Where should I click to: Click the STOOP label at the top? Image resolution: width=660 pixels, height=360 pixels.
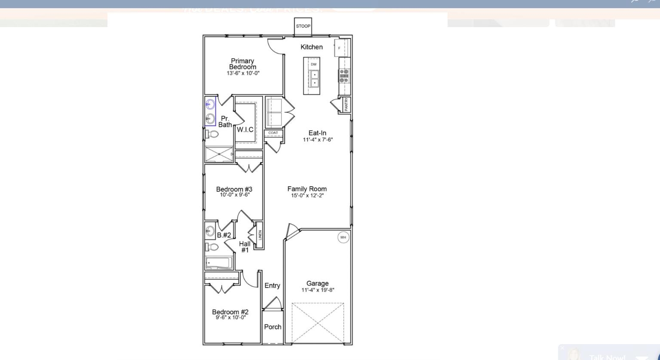click(x=303, y=26)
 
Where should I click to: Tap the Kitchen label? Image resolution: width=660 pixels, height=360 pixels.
click(x=311, y=47)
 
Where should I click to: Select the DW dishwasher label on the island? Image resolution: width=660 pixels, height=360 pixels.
click(x=313, y=65)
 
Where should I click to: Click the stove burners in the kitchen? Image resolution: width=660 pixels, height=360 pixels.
click(x=344, y=76)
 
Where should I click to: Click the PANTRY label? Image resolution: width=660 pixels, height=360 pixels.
click(x=347, y=105)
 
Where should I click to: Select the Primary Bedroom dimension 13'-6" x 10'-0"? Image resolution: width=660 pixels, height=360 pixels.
click(x=243, y=73)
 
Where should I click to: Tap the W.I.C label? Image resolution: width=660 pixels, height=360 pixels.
click(x=245, y=129)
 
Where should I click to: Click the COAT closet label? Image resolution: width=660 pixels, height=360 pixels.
click(x=273, y=133)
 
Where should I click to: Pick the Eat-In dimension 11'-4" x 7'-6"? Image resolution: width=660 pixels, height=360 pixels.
click(x=318, y=139)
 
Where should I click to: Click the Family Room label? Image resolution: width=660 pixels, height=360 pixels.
click(x=307, y=189)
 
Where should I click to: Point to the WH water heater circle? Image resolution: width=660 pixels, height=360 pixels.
click(x=343, y=237)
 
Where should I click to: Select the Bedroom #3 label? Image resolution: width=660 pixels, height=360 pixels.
click(x=234, y=189)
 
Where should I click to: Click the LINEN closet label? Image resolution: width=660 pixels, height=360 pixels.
click(x=260, y=236)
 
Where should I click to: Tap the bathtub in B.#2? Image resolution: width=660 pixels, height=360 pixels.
click(x=219, y=262)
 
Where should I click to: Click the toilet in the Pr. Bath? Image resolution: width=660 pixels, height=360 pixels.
click(x=212, y=134)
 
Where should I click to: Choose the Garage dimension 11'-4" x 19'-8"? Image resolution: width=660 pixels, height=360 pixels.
click(x=318, y=290)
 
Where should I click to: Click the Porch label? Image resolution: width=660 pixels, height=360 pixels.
click(x=273, y=327)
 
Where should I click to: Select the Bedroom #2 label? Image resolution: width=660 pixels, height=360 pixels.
click(x=230, y=312)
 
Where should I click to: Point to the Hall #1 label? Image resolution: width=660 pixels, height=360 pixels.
click(x=245, y=247)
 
